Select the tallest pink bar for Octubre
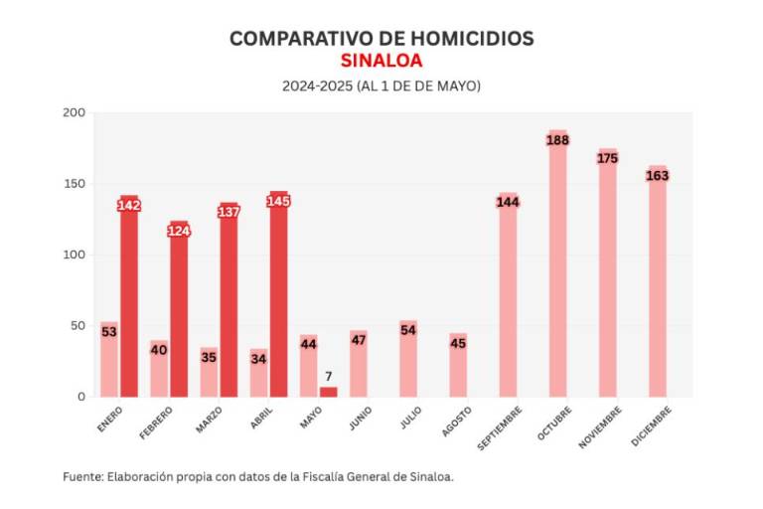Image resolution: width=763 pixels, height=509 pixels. (x=557, y=268)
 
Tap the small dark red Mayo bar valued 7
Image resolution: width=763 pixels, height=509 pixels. (x=328, y=392)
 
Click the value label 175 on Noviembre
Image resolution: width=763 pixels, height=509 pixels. (x=607, y=158)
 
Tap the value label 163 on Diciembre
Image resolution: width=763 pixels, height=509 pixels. (x=657, y=175)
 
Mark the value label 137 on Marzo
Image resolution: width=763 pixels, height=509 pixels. (x=229, y=212)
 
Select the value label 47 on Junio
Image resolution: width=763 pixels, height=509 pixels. (x=359, y=340)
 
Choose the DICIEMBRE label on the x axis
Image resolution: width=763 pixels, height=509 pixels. (x=652, y=424)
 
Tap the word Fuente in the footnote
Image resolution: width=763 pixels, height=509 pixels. (x=81, y=477)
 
